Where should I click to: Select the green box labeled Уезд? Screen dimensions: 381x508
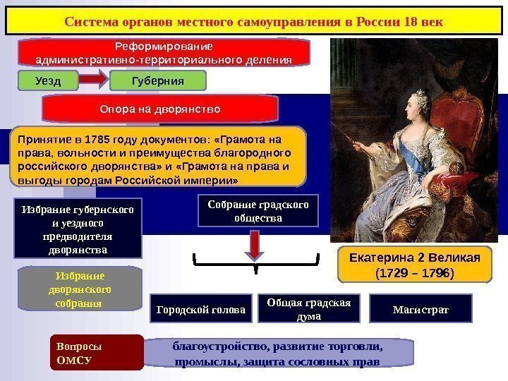coord(48,81)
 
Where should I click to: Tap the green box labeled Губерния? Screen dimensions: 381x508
coord(158,81)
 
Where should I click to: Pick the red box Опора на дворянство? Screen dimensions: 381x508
coord(160,110)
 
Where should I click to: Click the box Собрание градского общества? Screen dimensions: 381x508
coord(259,211)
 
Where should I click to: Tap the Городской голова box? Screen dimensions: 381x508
coord(202,310)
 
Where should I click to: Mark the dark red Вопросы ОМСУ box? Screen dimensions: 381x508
coord(97,353)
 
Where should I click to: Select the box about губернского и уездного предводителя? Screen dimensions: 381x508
coord(78,229)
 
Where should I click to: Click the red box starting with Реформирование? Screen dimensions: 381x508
coord(164,53)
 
